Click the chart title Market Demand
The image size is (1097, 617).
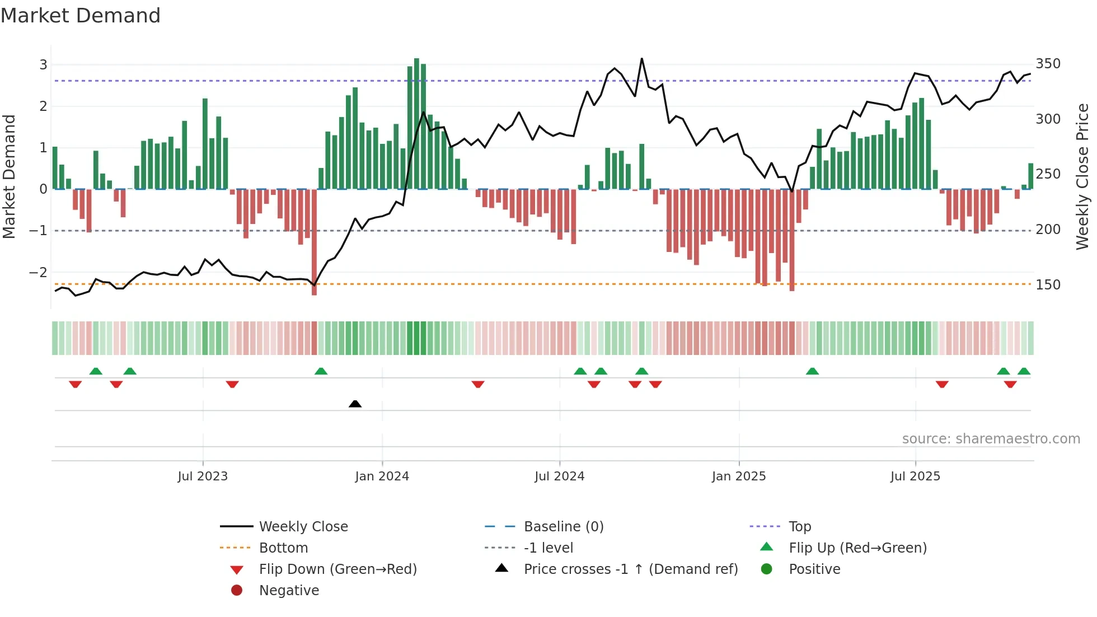pos(81,16)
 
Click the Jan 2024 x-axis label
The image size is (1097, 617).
pos(382,476)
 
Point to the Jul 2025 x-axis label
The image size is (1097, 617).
pos(915,476)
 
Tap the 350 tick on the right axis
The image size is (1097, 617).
pos(1048,64)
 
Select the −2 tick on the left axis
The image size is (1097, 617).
pos(38,273)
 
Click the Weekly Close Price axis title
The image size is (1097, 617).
pos(1082,176)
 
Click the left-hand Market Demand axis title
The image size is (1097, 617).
pos(9,176)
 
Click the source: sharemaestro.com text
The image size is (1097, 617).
pos(991,439)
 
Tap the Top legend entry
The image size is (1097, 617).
pos(799,527)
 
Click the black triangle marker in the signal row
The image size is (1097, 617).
pos(355,404)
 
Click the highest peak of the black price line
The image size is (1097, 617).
pos(641,59)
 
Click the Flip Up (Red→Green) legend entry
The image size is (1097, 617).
pos(857,548)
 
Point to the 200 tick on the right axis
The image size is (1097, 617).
pos(1048,230)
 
